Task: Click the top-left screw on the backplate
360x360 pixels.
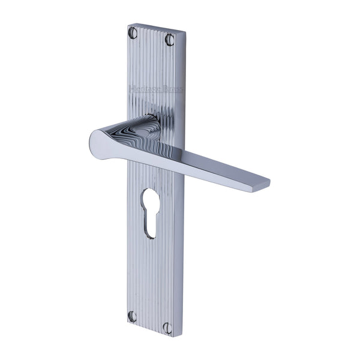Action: tap(133, 32)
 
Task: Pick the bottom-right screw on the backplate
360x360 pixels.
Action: tap(168, 328)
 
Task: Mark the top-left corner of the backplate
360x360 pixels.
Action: tap(128, 25)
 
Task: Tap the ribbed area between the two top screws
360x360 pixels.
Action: tap(151, 37)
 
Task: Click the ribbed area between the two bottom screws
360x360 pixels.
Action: tap(150, 321)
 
